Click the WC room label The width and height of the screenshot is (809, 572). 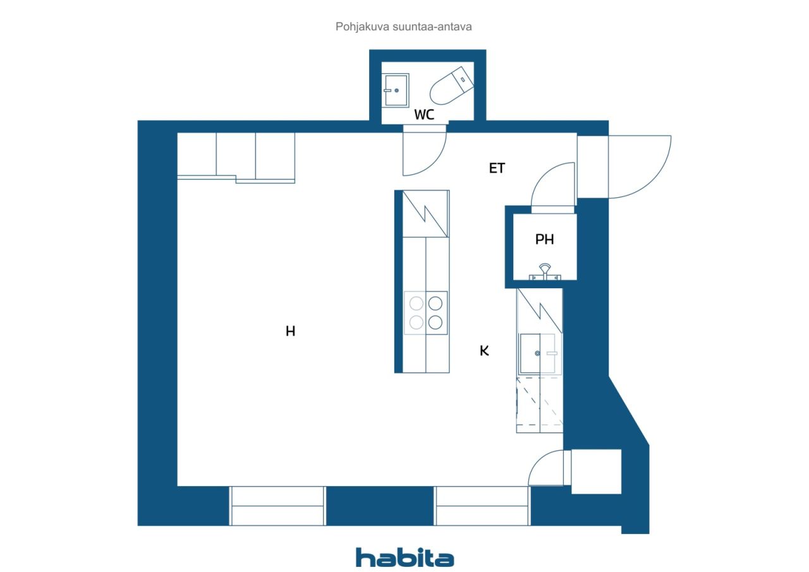pyautogui.click(x=424, y=114)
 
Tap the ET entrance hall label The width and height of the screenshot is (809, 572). pyautogui.click(x=497, y=168)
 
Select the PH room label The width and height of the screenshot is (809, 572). pyautogui.click(x=545, y=239)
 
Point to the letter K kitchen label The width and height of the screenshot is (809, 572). pyautogui.click(x=484, y=351)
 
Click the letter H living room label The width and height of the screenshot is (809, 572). pyautogui.click(x=290, y=331)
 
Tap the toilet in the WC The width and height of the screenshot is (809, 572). pyautogui.click(x=451, y=85)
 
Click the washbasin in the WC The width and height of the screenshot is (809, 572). pyautogui.click(x=396, y=90)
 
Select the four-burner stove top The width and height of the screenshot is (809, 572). pyautogui.click(x=426, y=313)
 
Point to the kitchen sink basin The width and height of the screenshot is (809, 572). pyautogui.click(x=530, y=353)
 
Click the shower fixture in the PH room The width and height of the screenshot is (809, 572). pyautogui.click(x=545, y=272)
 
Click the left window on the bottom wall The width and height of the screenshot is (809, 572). pyautogui.click(x=277, y=506)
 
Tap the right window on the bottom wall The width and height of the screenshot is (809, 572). pyautogui.click(x=482, y=506)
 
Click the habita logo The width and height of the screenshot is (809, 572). pyautogui.click(x=404, y=557)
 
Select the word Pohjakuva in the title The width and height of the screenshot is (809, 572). pyautogui.click(x=362, y=27)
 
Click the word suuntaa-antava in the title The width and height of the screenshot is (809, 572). pyautogui.click(x=432, y=27)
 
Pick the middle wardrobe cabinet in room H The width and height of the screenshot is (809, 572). pyautogui.click(x=236, y=155)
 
